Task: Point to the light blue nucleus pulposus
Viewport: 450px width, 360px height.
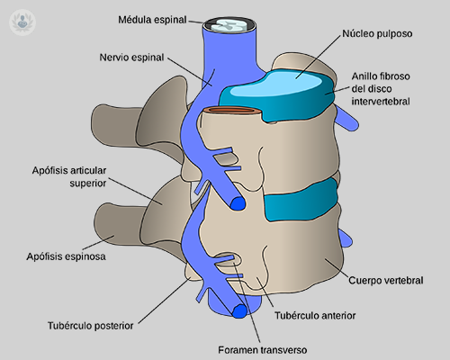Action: (289, 82)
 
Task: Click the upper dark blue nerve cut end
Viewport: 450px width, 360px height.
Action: (238, 204)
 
